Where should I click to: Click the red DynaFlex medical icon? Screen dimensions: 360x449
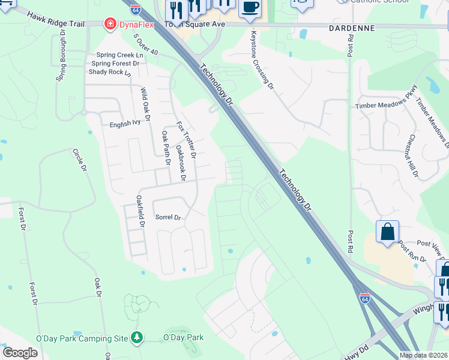pyautogui.click(x=110, y=24)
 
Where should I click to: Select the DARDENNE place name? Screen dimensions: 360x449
pyautogui.click(x=352, y=28)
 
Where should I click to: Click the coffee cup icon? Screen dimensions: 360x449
pyautogui.click(x=250, y=8)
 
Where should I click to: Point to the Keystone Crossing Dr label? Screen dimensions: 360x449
pyautogui.click(x=262, y=61)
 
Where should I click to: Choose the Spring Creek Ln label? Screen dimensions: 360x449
pyautogui.click(x=118, y=55)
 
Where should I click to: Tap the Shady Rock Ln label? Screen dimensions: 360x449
pyautogui.click(x=109, y=71)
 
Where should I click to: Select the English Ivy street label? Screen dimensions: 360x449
pyautogui.click(x=124, y=124)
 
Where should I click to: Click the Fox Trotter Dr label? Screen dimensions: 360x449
pyautogui.click(x=186, y=140)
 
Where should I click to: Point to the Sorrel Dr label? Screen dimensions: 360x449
pyautogui.click(x=168, y=217)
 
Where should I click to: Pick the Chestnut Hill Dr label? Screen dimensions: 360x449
pyautogui.click(x=413, y=156)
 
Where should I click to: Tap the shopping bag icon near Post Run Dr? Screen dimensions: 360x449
pyautogui.click(x=387, y=232)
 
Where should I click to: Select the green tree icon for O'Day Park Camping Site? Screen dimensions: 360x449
pyautogui.click(x=138, y=338)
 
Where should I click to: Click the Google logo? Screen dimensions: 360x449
pyautogui.click(x=20, y=353)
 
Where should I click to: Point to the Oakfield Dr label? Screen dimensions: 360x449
pyautogui.click(x=141, y=211)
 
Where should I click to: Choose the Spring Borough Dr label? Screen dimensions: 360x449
pyautogui.click(x=61, y=62)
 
